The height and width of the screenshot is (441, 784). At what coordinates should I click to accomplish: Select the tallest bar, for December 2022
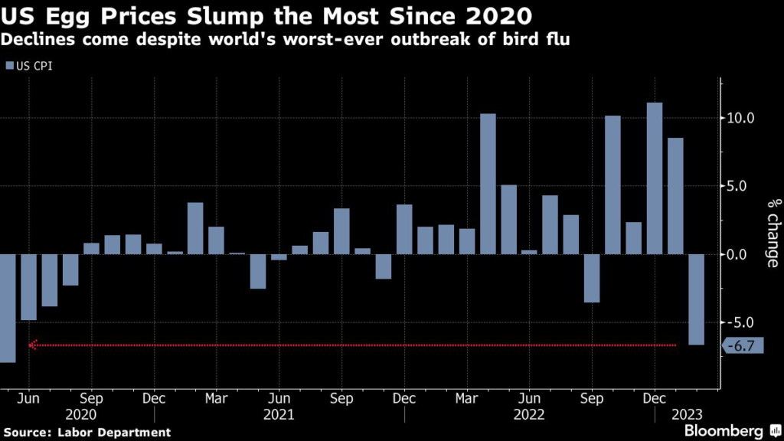tap(655, 178)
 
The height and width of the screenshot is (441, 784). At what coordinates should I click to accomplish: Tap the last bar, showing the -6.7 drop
tap(696, 299)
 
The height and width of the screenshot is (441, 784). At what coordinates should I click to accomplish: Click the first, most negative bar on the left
tap(8, 308)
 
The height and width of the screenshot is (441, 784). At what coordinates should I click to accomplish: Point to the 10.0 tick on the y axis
tap(741, 119)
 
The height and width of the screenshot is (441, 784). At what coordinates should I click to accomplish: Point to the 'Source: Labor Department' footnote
tap(86, 433)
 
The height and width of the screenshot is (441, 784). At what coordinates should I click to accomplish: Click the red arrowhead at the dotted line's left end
tap(31, 345)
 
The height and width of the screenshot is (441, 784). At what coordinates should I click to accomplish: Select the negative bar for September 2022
tap(592, 278)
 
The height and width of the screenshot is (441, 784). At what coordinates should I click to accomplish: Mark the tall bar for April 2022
tap(488, 184)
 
